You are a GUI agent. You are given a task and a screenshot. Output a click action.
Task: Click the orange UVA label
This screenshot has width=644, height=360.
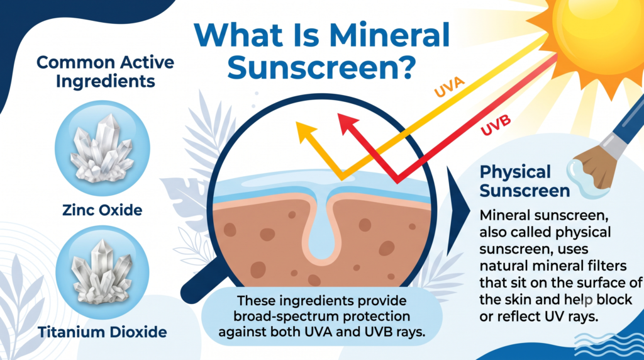(x=449, y=87)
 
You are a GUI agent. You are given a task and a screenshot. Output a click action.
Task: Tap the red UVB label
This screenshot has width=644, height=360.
(x=496, y=125)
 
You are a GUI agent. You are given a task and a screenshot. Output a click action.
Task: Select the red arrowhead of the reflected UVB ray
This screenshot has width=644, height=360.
(x=348, y=124)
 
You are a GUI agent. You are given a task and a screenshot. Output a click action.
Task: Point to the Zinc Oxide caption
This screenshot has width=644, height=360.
(x=103, y=210)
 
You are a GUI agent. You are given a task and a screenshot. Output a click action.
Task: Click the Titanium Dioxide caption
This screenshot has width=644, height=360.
(x=103, y=332)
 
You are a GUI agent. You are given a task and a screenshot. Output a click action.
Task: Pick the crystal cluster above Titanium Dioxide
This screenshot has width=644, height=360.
(x=102, y=272)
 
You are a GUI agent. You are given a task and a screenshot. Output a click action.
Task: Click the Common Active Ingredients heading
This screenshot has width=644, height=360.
(x=106, y=72)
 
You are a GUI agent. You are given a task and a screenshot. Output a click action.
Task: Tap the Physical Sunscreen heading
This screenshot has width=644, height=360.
(x=525, y=181)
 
